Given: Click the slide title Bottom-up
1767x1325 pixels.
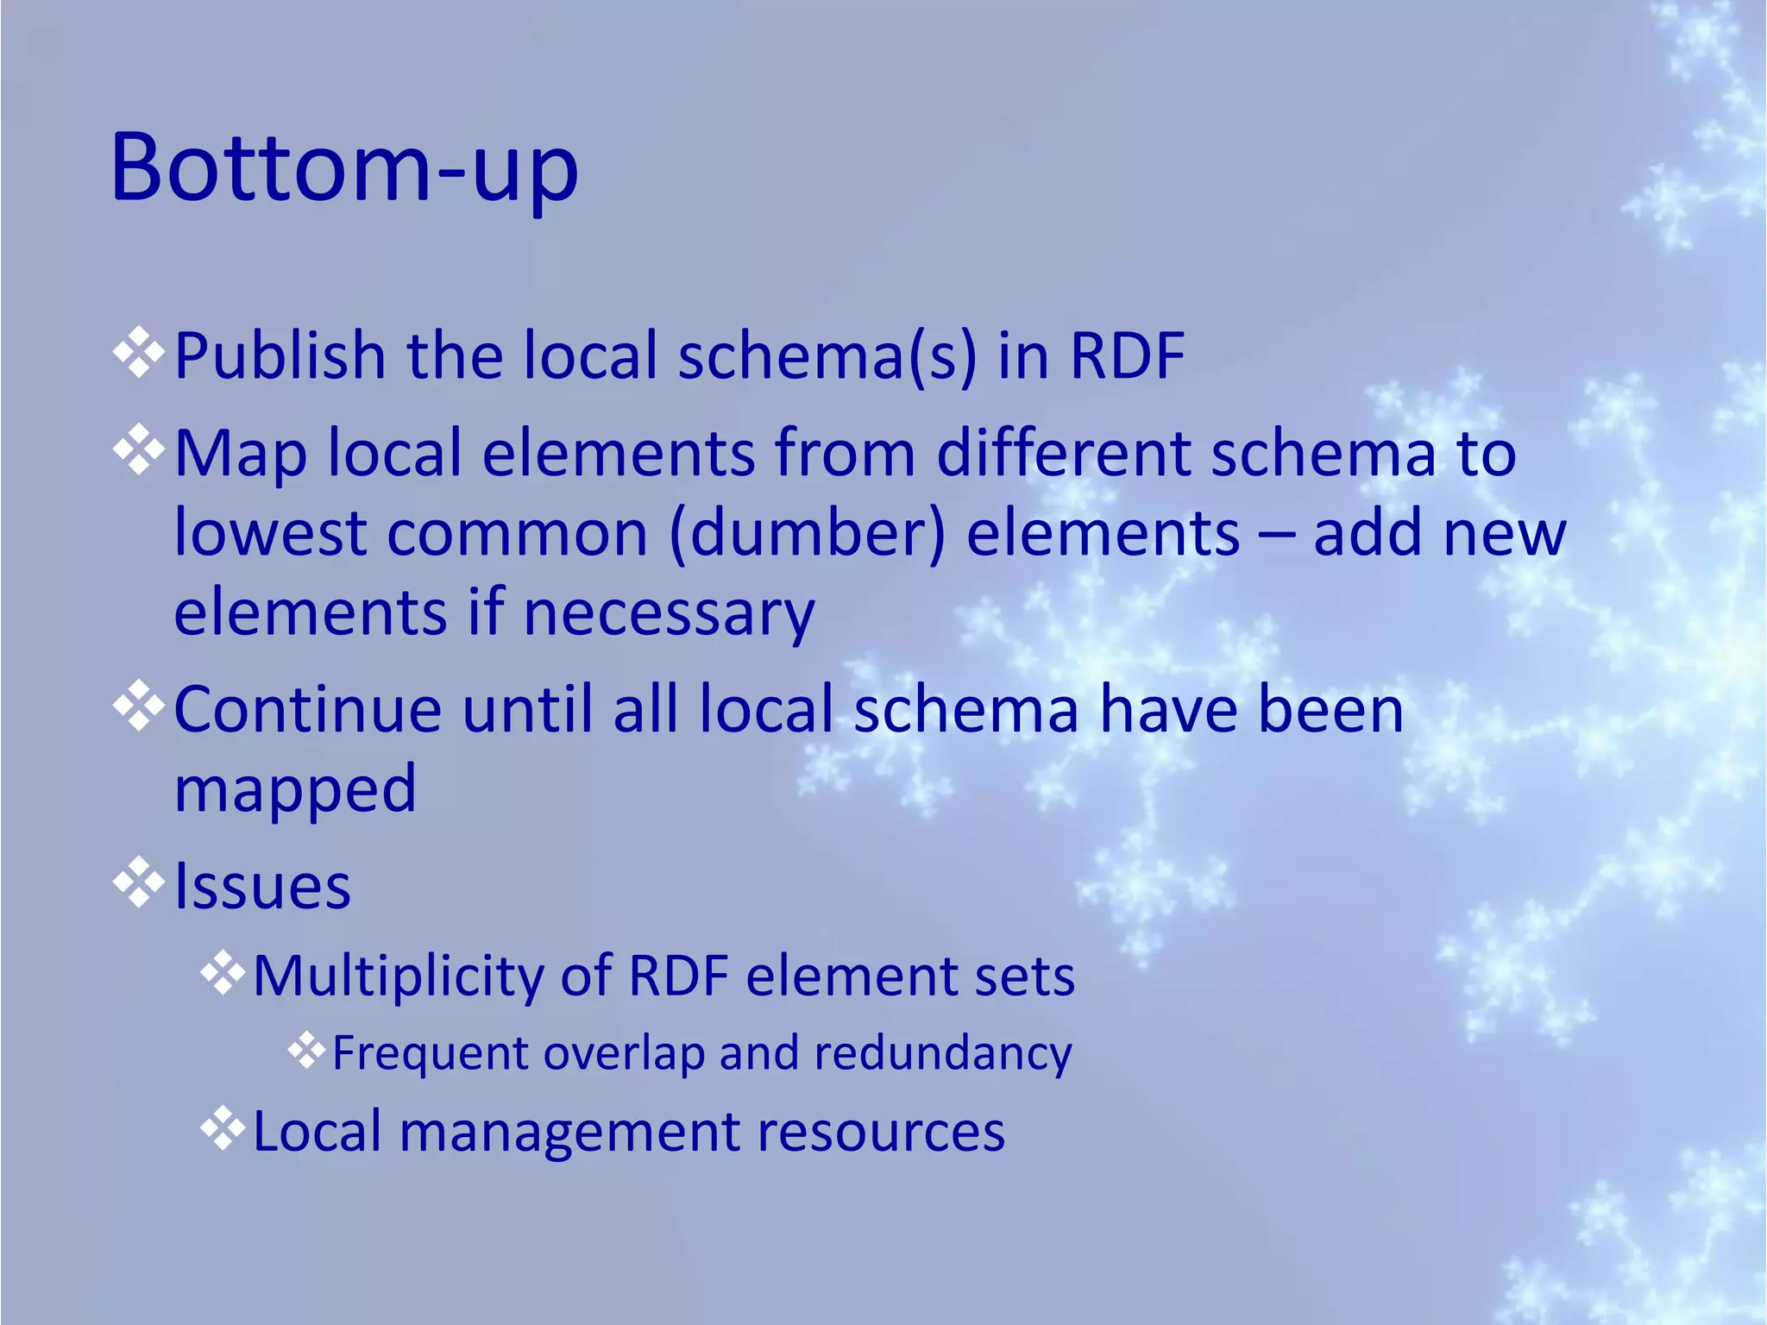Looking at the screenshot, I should [344, 168].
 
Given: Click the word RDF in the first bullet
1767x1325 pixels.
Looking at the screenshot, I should [1127, 355].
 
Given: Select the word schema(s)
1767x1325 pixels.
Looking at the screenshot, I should [827, 355].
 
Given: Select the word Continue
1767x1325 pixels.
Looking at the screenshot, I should [308, 709].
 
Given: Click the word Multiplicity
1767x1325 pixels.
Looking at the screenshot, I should [398, 976].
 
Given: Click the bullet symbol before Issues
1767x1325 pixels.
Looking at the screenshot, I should [139, 883].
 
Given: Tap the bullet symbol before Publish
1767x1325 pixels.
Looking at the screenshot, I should [139, 354].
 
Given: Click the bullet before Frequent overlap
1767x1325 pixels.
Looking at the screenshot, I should [306, 1051].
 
